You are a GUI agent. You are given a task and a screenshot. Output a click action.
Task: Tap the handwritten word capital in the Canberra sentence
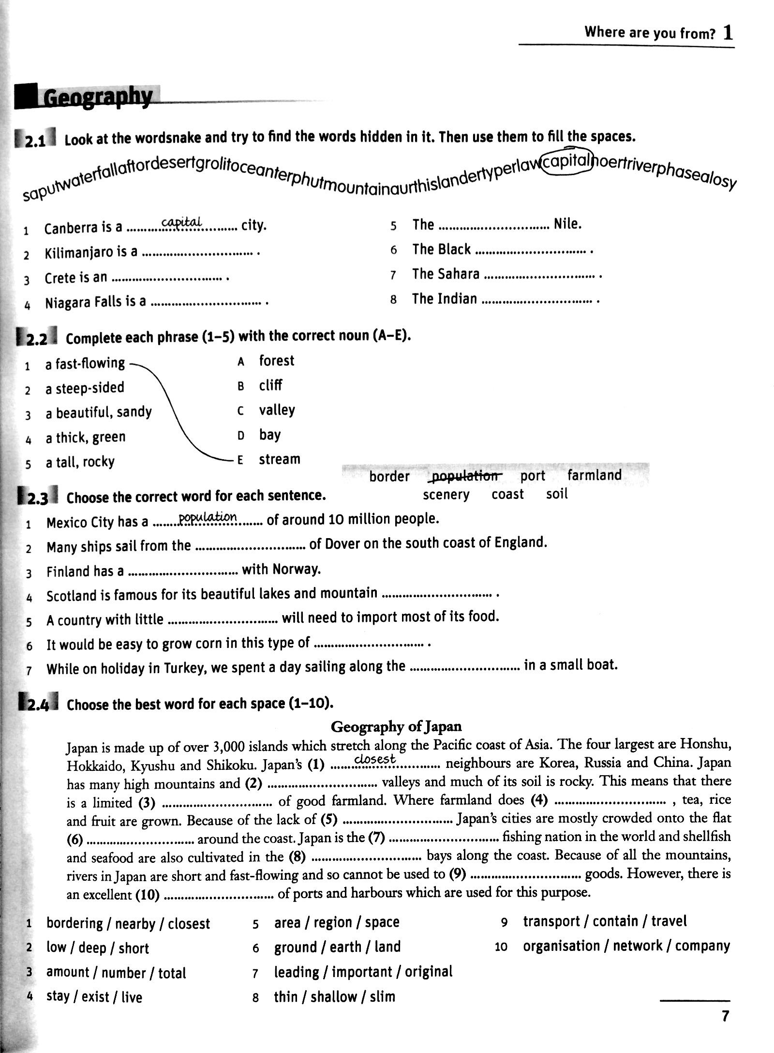click(181, 222)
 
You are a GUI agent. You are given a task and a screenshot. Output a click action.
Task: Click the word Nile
click(567, 224)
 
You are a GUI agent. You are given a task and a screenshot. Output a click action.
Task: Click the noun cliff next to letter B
click(270, 385)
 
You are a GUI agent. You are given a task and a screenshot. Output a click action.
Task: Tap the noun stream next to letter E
click(279, 459)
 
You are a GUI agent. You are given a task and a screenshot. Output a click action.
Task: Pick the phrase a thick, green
click(86, 437)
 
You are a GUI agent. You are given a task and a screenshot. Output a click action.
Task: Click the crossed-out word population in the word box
click(465, 476)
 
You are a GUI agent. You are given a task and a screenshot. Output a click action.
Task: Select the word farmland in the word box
click(594, 475)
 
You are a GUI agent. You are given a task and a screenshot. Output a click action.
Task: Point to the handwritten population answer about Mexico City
click(208, 517)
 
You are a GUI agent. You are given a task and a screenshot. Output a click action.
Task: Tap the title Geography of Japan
click(396, 726)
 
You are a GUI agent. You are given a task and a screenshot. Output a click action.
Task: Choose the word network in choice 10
click(637, 946)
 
